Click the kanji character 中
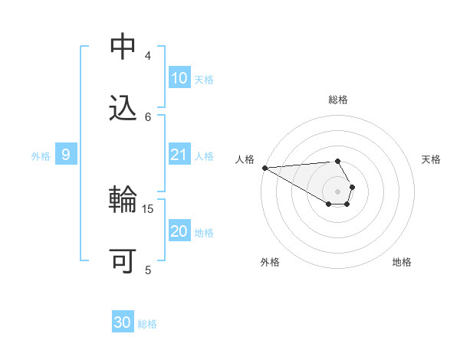click(123, 47)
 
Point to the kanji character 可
click(123, 261)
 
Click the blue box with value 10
click(179, 78)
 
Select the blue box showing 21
click(179, 155)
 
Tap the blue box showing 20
click(179, 232)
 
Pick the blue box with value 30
click(123, 322)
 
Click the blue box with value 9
click(66, 155)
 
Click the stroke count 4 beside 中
click(148, 55)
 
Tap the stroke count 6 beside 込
click(148, 116)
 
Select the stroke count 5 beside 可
click(148, 270)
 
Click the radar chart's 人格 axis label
click(245, 159)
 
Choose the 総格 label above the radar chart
click(338, 100)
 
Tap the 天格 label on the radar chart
click(432, 159)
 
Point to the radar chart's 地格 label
click(402, 262)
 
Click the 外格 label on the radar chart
click(270, 262)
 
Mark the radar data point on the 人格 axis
click(264, 167)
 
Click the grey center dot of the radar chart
click(337, 191)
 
